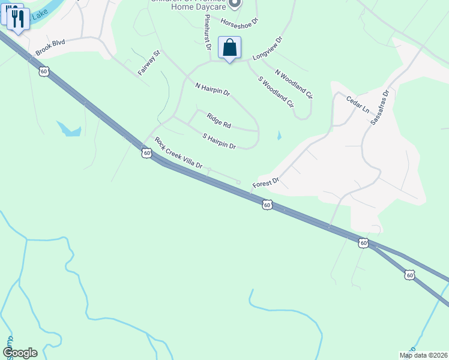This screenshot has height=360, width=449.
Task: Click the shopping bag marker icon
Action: tap(229, 48)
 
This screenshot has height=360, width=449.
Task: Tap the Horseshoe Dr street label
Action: tap(238, 21)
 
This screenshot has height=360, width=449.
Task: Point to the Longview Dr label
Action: tap(267, 49)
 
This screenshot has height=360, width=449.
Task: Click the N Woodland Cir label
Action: tap(294, 83)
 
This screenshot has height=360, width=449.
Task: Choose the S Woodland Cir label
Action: tap(276, 92)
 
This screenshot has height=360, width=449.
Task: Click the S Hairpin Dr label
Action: tap(219, 142)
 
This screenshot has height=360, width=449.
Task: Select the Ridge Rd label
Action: tap(218, 121)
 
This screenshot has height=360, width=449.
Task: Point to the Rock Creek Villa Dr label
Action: tap(178, 153)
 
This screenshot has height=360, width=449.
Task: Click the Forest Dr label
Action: tap(266, 182)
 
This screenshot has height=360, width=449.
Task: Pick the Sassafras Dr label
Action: tap(379, 107)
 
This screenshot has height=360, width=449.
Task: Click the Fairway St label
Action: tap(149, 62)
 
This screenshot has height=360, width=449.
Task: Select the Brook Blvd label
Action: tap(49, 48)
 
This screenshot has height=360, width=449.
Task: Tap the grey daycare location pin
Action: tap(235, 4)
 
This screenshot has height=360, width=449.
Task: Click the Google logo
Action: tap(20, 353)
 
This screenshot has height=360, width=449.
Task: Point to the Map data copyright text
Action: tap(424, 355)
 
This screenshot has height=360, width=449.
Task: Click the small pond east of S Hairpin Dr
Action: tap(279, 136)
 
